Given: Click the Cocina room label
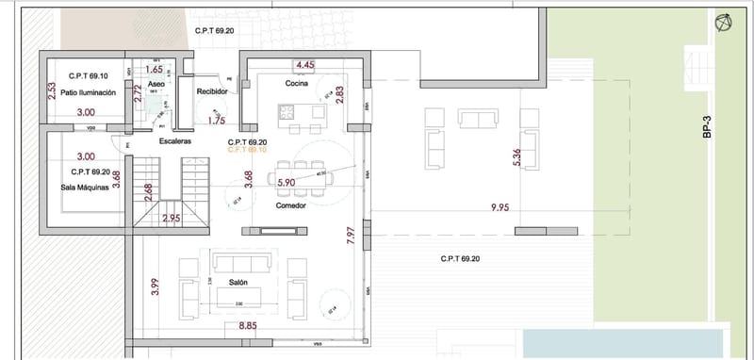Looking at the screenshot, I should (299, 84).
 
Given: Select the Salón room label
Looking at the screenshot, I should (238, 282).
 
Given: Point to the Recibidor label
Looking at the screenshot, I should (212, 91).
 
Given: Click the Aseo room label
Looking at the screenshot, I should (156, 84).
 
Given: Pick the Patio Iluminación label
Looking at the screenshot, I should (88, 92).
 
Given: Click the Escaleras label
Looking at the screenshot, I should (175, 140).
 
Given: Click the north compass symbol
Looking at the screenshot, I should (724, 23).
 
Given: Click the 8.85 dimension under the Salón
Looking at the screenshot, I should (248, 326).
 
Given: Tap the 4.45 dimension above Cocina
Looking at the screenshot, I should (304, 65).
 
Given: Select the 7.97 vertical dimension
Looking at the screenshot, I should (351, 236).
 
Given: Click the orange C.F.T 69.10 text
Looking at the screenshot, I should (249, 150).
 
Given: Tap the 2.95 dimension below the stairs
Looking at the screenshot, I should (171, 219).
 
